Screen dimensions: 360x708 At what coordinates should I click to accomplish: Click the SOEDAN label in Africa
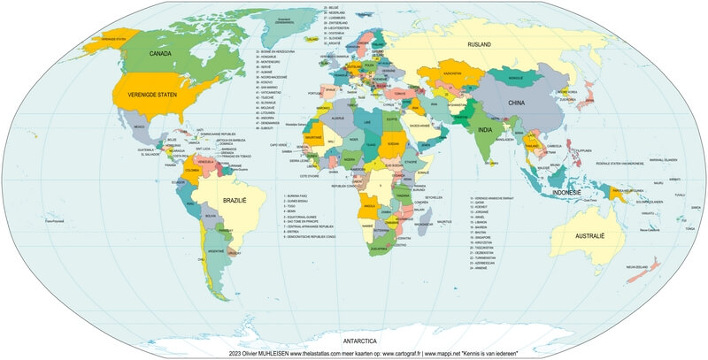point(393,142)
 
